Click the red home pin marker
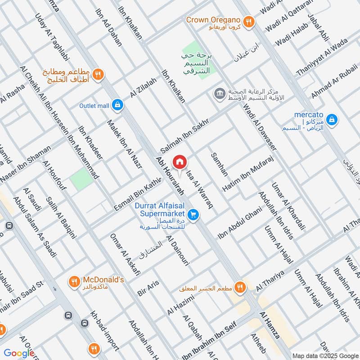(180, 162)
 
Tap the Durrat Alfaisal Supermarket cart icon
(193, 215)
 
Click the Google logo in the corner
(19, 353)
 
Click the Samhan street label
(220, 164)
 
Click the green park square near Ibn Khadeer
(81, 179)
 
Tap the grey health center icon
(220, 94)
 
